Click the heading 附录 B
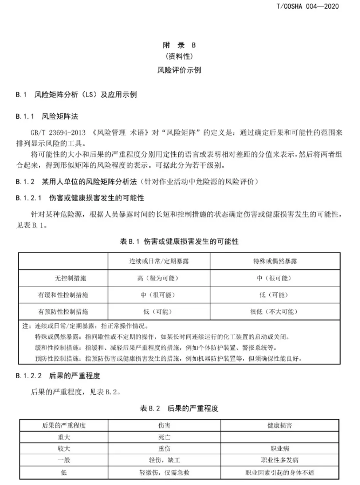click(x=179, y=46)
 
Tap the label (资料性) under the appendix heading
click(x=179, y=56)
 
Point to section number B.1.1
click(x=25, y=116)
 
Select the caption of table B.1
click(x=179, y=242)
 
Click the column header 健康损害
click(x=280, y=426)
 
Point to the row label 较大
click(x=64, y=448)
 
